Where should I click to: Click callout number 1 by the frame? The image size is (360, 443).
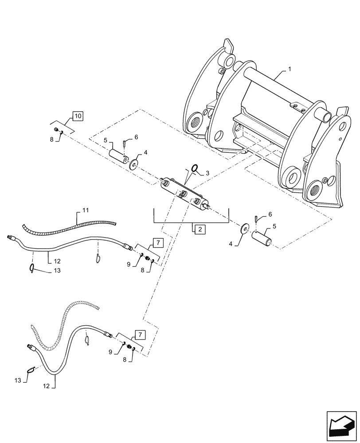coord(289,70)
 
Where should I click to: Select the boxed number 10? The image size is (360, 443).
coord(78,117)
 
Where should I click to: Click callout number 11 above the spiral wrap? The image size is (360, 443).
coord(86,209)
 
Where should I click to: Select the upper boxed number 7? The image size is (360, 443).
coord(158,242)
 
